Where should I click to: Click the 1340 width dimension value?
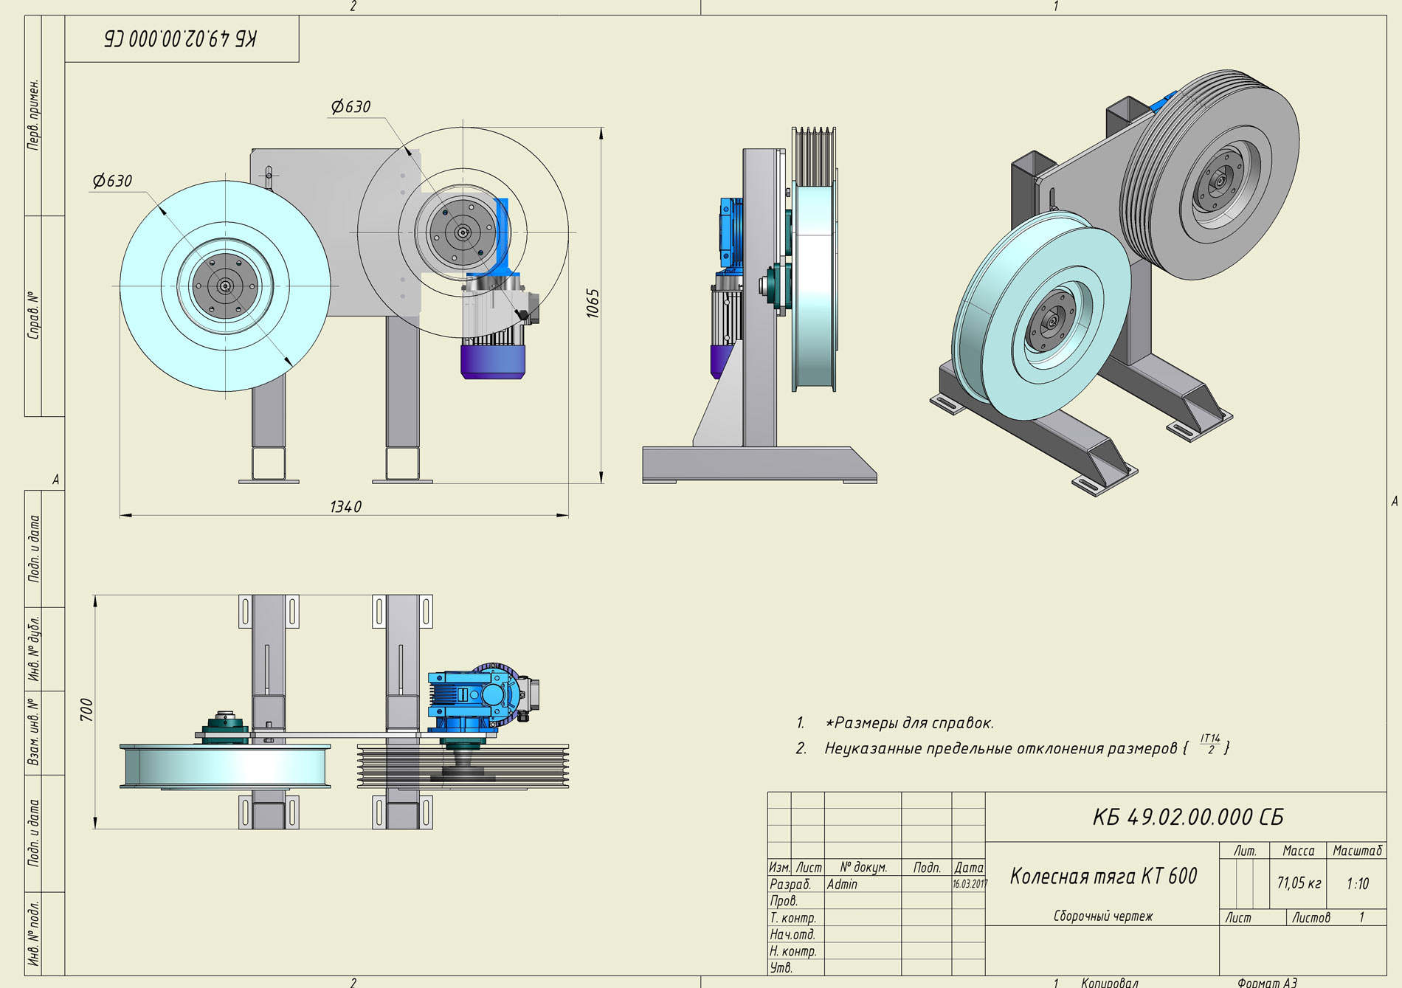(345, 507)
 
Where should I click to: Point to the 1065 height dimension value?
(593, 303)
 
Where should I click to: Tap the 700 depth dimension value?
(86, 710)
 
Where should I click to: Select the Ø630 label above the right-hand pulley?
(350, 107)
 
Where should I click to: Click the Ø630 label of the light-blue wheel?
(112, 181)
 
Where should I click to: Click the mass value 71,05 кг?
(1299, 883)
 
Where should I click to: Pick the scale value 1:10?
(1357, 883)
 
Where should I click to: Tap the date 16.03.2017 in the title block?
(970, 883)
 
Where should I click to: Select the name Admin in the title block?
(842, 884)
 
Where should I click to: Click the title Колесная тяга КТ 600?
(1103, 876)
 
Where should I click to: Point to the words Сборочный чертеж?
(1102, 916)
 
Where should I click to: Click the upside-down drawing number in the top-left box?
(181, 38)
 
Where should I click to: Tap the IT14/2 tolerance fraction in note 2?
(1210, 744)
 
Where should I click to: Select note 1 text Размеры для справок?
(909, 723)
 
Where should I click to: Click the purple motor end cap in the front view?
(493, 362)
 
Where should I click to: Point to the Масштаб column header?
(1357, 851)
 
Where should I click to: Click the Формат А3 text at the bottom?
(1267, 982)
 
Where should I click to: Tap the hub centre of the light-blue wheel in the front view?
(225, 286)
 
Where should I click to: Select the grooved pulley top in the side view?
(813, 156)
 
